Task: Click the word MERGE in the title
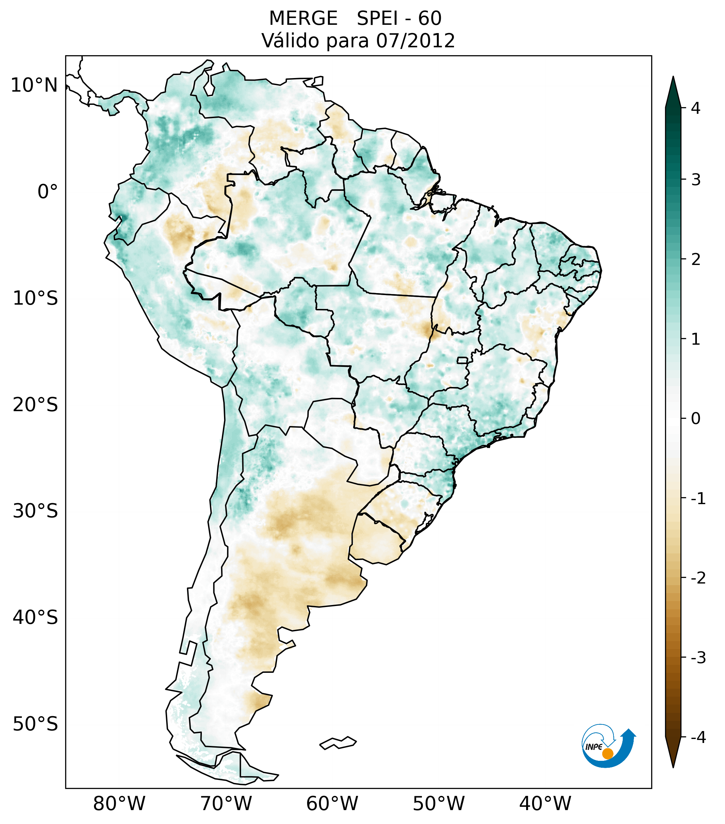click(303, 19)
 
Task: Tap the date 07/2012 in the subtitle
click(415, 41)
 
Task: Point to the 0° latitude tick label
click(47, 192)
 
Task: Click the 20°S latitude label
click(35, 405)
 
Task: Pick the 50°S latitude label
click(35, 724)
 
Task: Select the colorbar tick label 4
click(696, 108)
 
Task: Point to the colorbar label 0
click(696, 419)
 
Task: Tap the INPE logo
click(608, 745)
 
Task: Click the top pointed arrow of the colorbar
click(673, 91)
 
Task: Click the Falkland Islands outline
click(338, 743)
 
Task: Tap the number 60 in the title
click(430, 19)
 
